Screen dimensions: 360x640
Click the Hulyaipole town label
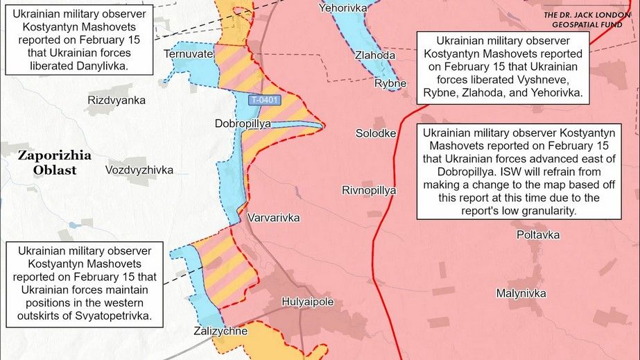tap(307, 302)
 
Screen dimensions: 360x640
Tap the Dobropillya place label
tap(242, 123)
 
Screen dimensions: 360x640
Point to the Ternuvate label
tap(188, 53)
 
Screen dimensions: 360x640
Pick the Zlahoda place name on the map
tap(374, 55)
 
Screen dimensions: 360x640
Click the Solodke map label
tap(375, 133)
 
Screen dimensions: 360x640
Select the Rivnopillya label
tap(369, 189)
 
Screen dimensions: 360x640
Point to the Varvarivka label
tap(273, 218)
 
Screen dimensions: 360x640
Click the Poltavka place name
tap(538, 234)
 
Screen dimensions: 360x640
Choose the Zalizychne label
tap(220, 331)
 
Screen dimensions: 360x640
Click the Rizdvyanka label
tap(116, 101)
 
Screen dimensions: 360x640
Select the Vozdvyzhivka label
tap(139, 170)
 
